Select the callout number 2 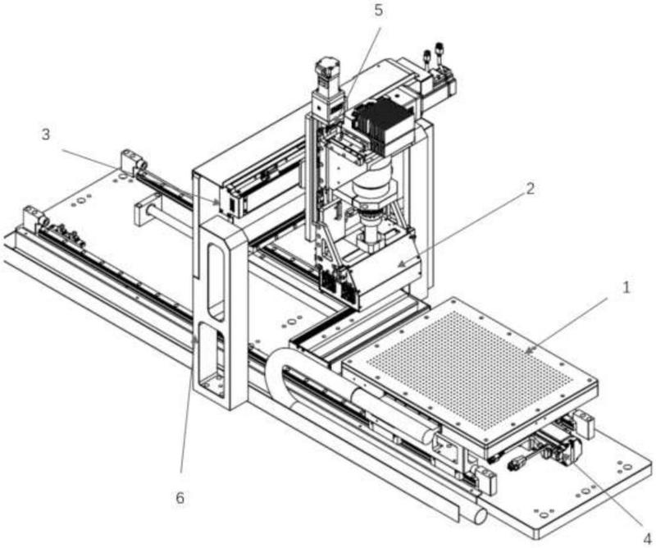531,188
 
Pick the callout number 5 378,12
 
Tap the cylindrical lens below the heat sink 372,197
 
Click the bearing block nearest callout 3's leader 131,162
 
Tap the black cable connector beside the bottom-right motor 517,464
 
